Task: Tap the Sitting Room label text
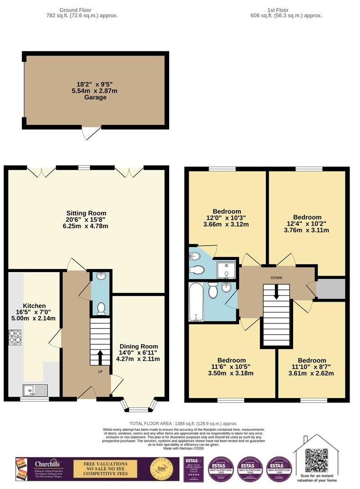tap(86, 213)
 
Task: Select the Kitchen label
tap(35, 306)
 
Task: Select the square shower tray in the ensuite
tap(226, 269)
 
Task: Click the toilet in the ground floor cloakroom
tap(101, 308)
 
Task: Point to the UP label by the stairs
tap(100, 372)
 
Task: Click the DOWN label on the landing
tap(277, 277)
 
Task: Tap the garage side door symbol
tap(90, 133)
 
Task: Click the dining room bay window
tap(139, 404)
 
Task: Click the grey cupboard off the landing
tap(331, 289)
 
